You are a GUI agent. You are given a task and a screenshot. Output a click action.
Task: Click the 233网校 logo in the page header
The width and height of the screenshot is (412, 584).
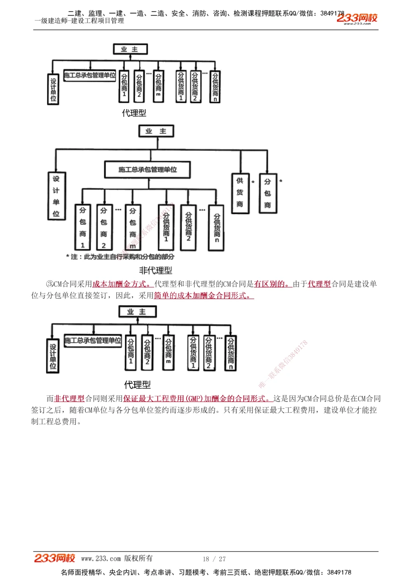pyautogui.click(x=357, y=18)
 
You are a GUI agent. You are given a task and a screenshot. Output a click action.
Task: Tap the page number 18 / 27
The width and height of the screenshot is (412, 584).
pyautogui.click(x=214, y=559)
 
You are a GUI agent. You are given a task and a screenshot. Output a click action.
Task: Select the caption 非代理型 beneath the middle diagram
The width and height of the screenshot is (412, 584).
pyautogui.click(x=155, y=270)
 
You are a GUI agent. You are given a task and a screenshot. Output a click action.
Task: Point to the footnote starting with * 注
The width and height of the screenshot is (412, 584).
pyautogui.click(x=120, y=257)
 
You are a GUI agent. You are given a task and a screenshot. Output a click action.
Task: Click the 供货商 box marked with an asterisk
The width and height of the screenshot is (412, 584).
pyautogui.click(x=240, y=193)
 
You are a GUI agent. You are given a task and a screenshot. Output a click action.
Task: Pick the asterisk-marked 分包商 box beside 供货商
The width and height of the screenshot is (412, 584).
pyautogui.click(x=267, y=193)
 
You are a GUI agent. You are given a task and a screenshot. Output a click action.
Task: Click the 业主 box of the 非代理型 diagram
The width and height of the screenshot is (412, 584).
pyautogui.click(x=156, y=131)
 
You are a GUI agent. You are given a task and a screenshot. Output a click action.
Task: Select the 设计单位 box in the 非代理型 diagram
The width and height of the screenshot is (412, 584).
pyautogui.click(x=56, y=196)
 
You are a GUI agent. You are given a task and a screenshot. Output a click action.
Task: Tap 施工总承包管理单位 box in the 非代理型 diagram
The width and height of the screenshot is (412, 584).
pyautogui.click(x=147, y=170)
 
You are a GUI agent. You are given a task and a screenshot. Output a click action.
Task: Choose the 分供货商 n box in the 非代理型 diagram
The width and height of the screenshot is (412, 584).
pyautogui.click(x=217, y=228)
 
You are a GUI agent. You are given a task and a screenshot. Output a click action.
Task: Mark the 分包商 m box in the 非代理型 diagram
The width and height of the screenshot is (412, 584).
pyautogui.click(x=133, y=228)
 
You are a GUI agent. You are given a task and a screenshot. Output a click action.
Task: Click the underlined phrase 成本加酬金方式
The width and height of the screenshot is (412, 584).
pyautogui.click(x=122, y=284)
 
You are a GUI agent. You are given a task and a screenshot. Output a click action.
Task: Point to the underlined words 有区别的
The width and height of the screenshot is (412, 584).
pyautogui.click(x=272, y=284)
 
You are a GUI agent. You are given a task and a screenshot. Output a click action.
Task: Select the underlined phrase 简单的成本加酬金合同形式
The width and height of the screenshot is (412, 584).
pyautogui.click(x=204, y=296)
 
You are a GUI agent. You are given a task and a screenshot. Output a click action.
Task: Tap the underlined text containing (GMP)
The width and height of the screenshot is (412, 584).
pyautogui.click(x=198, y=399)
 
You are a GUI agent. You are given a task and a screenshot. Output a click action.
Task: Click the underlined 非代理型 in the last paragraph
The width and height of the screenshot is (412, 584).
pyautogui.click(x=69, y=399)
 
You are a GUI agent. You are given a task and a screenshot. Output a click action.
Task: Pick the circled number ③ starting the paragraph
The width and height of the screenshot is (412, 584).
pyautogui.click(x=50, y=284)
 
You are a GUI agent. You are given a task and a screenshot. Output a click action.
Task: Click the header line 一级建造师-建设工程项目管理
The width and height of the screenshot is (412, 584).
pyautogui.click(x=79, y=21)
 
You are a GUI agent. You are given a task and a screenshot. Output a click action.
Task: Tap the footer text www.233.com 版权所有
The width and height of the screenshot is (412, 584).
pyautogui.click(x=117, y=558)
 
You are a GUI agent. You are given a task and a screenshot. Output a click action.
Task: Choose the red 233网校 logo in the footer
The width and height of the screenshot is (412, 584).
pyautogui.click(x=54, y=558)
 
